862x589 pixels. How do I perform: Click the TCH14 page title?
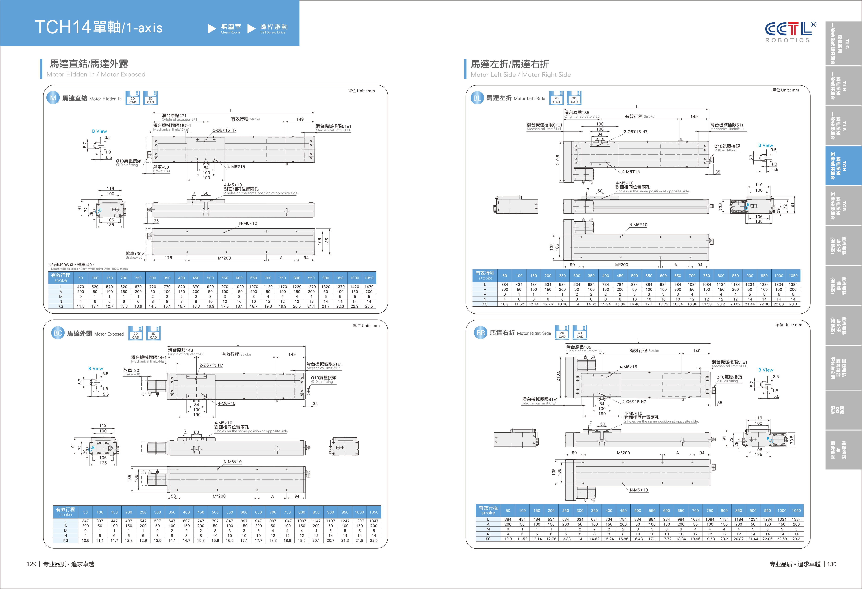[99, 27]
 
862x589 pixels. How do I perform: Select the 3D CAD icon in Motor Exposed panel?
[153, 333]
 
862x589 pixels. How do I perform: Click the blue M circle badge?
[53, 98]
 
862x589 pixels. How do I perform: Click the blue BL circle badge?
[477, 98]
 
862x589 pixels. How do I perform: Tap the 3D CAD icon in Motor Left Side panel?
[574, 98]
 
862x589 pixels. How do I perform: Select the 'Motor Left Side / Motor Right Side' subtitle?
[520, 75]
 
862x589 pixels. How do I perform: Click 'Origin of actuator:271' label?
[179, 119]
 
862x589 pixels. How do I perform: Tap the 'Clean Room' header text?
[230, 32]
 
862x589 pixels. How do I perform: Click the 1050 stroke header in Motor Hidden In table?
[369, 278]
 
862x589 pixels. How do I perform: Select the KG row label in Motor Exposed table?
[66, 540]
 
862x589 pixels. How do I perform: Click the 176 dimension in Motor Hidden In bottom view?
[168, 258]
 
